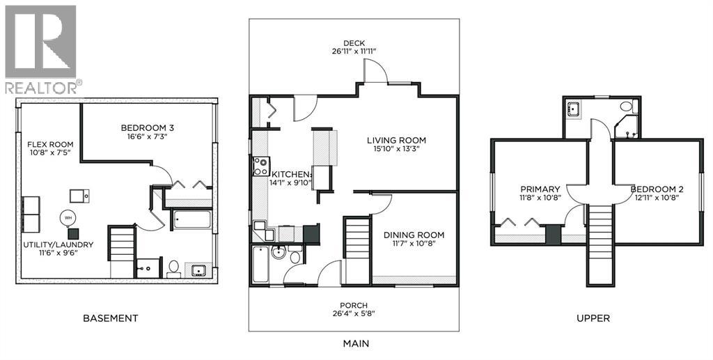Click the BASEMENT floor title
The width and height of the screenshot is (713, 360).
(x=110, y=318)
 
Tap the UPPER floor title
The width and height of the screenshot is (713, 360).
(x=593, y=318)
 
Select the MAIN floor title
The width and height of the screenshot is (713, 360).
(x=355, y=343)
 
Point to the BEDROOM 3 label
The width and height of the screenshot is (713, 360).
(x=147, y=127)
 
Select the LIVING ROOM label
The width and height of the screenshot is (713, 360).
(x=396, y=141)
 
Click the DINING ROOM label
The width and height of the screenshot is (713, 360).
(x=414, y=235)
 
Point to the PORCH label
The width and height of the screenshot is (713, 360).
(x=354, y=305)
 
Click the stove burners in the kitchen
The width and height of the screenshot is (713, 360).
(x=260, y=166)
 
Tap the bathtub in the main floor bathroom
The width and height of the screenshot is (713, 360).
(x=260, y=264)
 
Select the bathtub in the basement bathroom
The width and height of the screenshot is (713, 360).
(x=191, y=220)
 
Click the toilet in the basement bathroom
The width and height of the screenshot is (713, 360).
(x=173, y=268)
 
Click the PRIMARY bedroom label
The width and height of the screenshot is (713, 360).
(x=540, y=189)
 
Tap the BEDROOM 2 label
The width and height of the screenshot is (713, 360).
(x=655, y=189)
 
